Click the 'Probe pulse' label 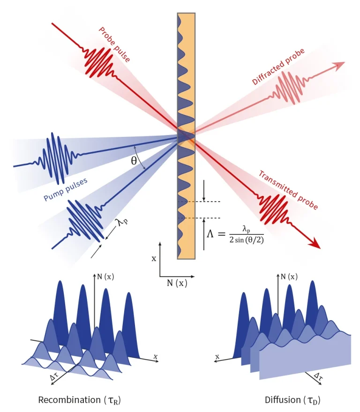114,45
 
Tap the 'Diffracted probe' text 278,66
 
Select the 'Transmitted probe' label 288,190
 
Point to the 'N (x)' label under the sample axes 177,283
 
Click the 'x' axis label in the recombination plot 155,357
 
